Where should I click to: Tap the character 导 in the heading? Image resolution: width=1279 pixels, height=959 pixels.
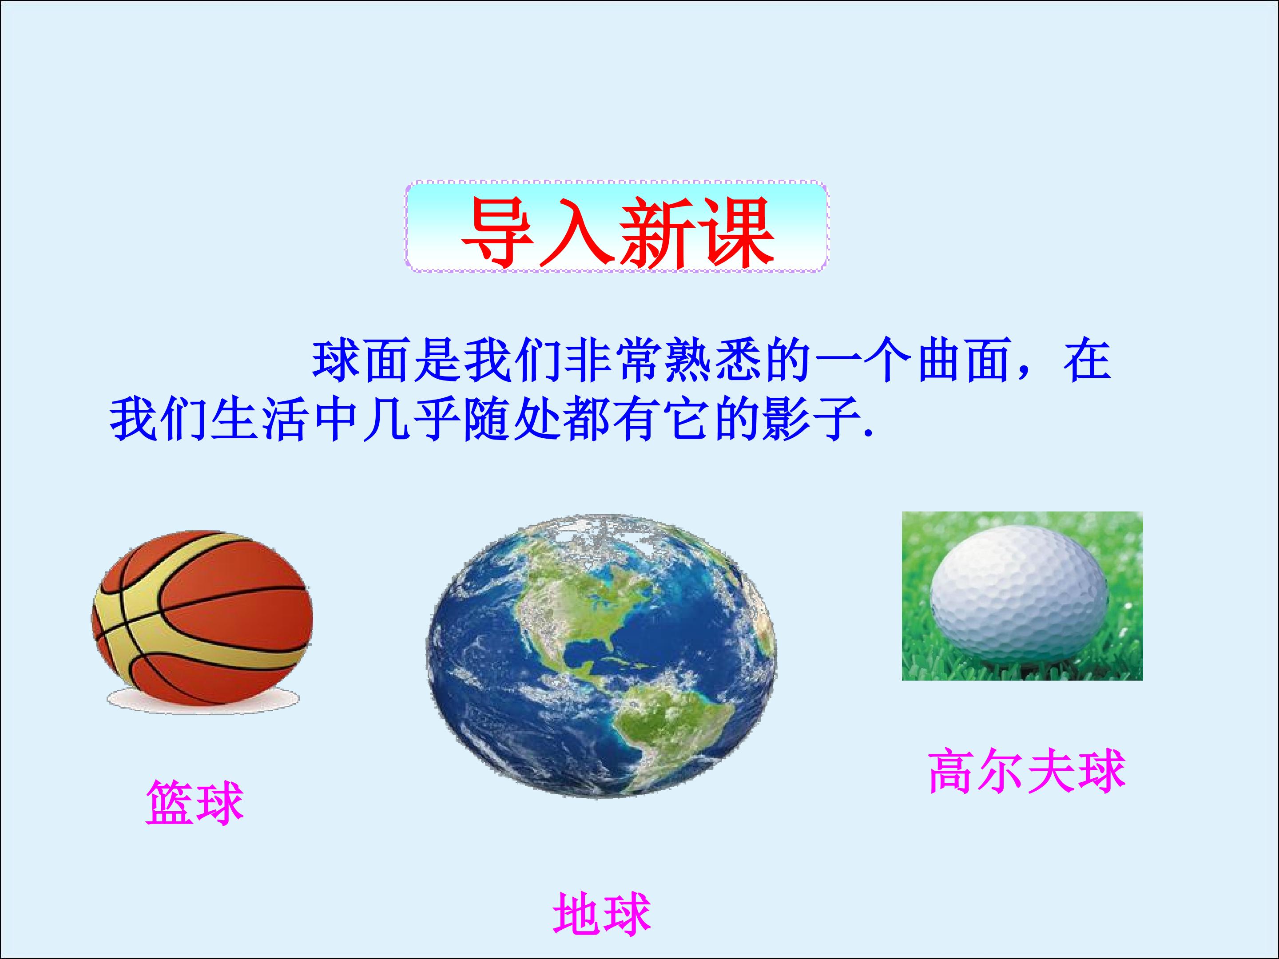click(498, 233)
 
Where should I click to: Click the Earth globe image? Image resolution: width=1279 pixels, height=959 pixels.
click(601, 657)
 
